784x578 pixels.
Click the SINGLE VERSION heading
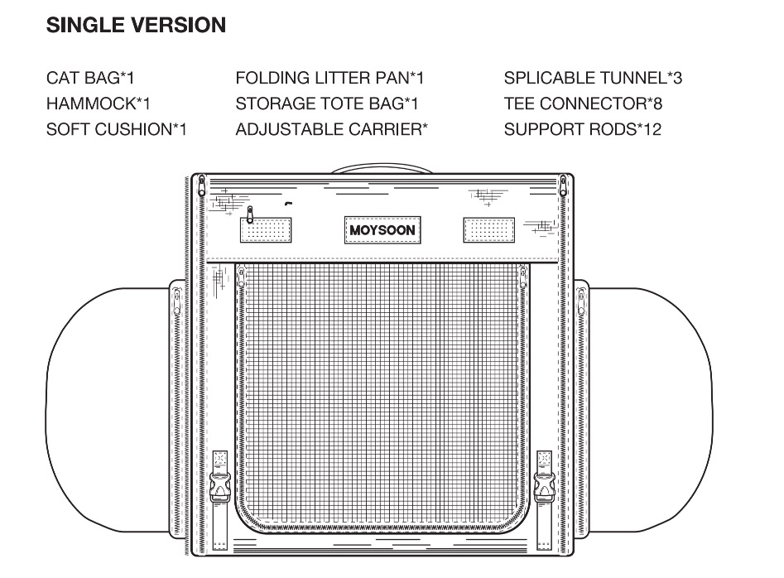(136, 26)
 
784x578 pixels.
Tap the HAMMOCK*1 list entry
(99, 104)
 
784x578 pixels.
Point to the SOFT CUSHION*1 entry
(116, 129)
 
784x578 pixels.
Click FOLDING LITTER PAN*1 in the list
(329, 79)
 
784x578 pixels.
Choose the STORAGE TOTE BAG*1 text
(327, 104)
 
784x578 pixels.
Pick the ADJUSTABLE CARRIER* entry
(331, 129)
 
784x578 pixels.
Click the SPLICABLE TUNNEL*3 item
(593, 79)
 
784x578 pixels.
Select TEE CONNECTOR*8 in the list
(583, 104)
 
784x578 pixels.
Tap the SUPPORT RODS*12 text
(582, 129)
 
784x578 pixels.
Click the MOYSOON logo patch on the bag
(382, 229)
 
